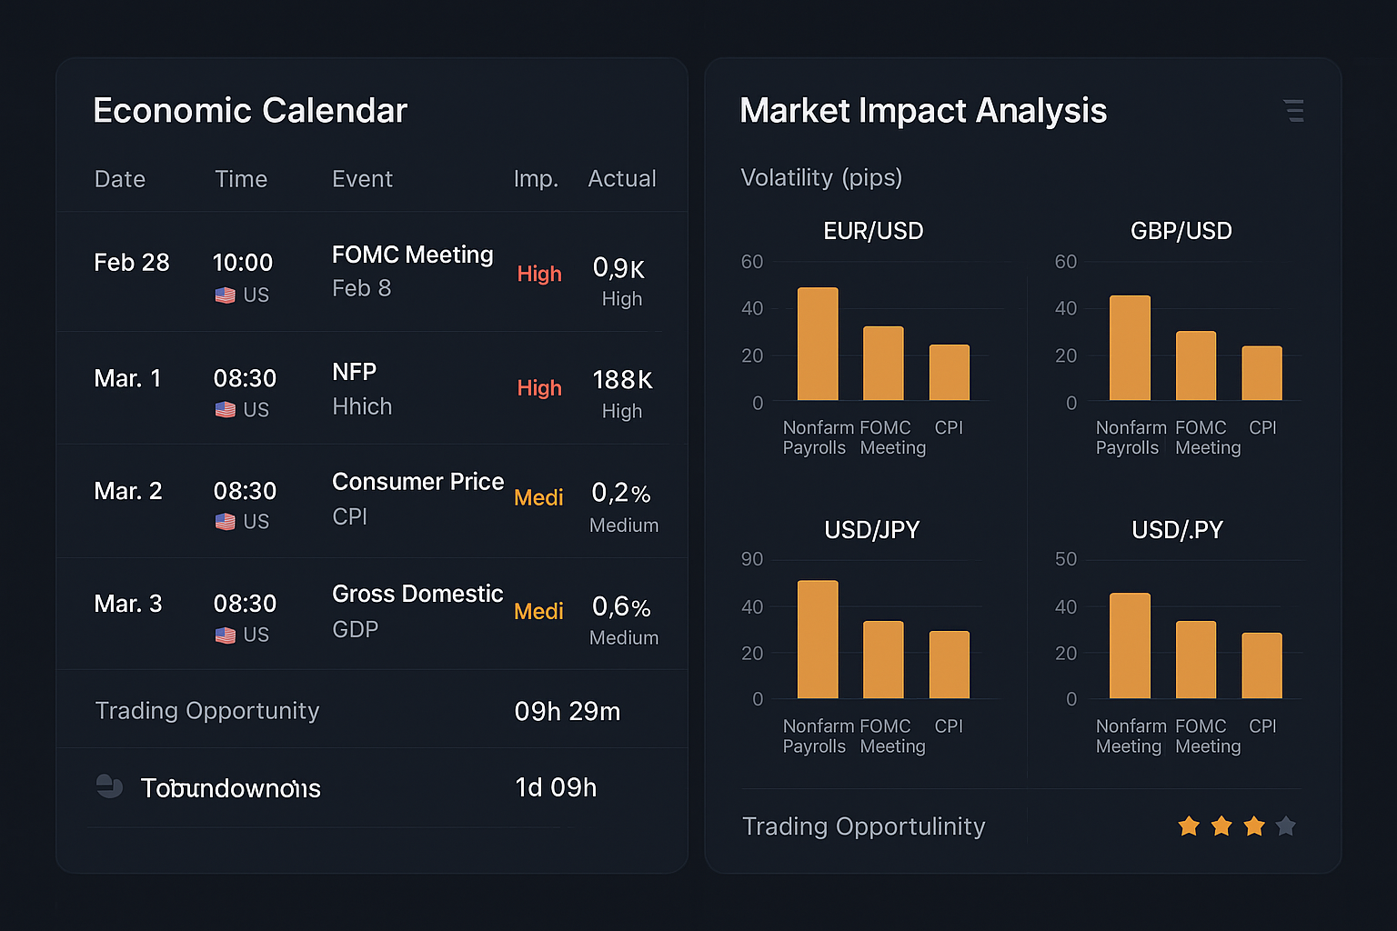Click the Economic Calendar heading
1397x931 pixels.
tap(250, 111)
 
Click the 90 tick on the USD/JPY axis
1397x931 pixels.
tap(752, 559)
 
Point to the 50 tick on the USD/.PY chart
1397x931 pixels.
tap(1066, 559)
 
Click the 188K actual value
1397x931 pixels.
tap(622, 380)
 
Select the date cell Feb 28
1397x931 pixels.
tap(132, 263)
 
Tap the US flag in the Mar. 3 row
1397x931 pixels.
tap(226, 635)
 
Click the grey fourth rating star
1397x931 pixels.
tap(1285, 826)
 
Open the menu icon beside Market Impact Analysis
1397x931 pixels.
tap(1293, 111)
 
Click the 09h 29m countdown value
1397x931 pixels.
tap(568, 711)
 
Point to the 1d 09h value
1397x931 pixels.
tap(556, 787)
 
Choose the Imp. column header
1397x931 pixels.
tap(536, 179)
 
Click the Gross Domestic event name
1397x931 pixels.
tap(417, 594)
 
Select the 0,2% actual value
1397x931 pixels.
tap(621, 494)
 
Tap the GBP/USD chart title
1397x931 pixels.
tap(1181, 231)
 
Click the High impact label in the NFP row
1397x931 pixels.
tap(539, 388)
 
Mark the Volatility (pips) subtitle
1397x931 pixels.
tap(821, 177)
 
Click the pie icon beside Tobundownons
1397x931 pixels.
tap(110, 786)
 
